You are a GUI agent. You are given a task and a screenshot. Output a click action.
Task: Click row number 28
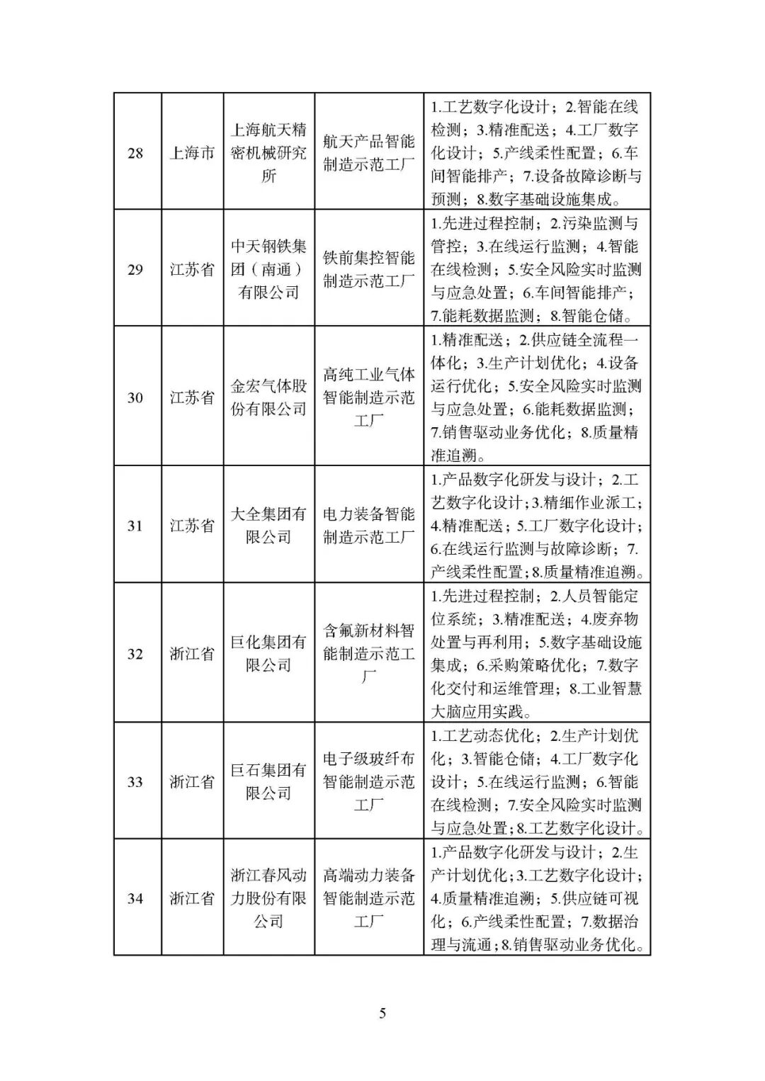pos(135,153)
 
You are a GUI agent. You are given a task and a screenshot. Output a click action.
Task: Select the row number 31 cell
pos(135,526)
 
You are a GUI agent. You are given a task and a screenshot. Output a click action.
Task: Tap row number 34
pos(135,898)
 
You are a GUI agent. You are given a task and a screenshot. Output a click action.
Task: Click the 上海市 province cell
pos(192,153)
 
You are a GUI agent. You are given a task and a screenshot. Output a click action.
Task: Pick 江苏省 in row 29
pos(192,269)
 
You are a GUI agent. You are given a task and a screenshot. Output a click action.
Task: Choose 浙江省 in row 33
pos(192,782)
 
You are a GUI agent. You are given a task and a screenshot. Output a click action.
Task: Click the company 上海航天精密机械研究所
pos(268,153)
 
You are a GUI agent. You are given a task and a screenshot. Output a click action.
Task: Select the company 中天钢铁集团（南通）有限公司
pos(268,269)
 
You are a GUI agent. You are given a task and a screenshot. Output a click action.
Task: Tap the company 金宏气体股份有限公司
pos(268,397)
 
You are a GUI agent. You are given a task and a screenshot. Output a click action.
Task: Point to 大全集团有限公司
pos(268,526)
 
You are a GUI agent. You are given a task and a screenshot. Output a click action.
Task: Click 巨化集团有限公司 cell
pos(268,654)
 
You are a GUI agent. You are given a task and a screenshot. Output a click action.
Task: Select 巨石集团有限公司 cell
pos(268,782)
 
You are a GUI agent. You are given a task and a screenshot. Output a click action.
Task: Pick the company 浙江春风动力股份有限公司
pos(268,898)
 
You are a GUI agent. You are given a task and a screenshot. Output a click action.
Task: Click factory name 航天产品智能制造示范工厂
pos(369,153)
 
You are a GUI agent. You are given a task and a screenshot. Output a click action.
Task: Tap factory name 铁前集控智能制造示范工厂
pos(369,269)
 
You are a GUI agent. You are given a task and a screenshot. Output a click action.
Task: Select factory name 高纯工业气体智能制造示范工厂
pos(369,397)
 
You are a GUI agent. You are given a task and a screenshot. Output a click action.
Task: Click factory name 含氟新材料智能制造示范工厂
pos(369,654)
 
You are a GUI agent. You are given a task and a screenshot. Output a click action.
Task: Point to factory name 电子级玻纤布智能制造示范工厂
pos(369,782)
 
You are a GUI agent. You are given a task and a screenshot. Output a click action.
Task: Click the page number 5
pos(382,1014)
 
